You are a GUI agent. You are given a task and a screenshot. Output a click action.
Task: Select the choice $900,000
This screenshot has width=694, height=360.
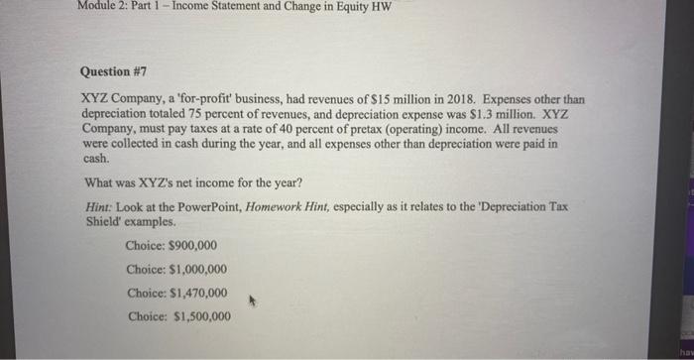[x=172, y=245]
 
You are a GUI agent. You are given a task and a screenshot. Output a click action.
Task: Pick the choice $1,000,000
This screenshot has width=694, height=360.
[x=176, y=269]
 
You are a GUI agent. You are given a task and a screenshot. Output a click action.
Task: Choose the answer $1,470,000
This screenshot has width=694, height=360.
[x=176, y=293]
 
